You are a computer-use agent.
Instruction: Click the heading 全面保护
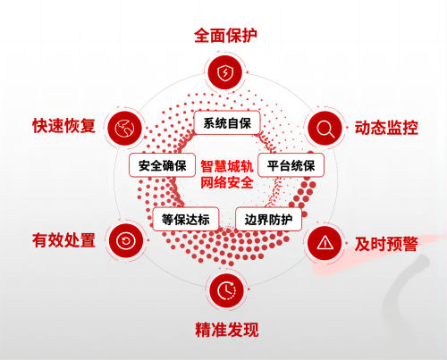click(x=225, y=36)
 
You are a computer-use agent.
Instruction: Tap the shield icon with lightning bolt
click(x=225, y=72)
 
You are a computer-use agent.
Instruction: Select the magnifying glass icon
click(x=325, y=129)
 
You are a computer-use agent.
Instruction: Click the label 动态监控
click(x=386, y=128)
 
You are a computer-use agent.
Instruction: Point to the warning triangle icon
click(x=325, y=243)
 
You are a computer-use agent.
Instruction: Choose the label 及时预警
click(x=386, y=244)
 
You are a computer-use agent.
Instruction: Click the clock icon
click(x=227, y=290)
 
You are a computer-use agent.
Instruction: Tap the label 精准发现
click(x=227, y=330)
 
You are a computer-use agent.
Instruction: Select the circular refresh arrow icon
click(x=126, y=240)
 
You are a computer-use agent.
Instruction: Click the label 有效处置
click(x=63, y=240)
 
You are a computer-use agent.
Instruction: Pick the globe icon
click(x=124, y=129)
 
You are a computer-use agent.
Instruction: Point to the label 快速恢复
click(x=63, y=126)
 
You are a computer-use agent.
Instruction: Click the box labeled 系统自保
click(x=227, y=123)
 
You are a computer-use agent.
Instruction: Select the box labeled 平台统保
click(x=291, y=165)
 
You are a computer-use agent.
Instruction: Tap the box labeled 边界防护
click(x=268, y=220)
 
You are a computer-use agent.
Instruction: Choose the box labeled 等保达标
click(x=186, y=220)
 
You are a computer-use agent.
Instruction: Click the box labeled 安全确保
click(x=163, y=165)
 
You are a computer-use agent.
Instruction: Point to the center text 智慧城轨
click(x=227, y=166)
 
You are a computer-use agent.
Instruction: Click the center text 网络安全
click(x=227, y=182)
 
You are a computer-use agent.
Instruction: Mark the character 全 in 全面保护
click(x=202, y=36)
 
